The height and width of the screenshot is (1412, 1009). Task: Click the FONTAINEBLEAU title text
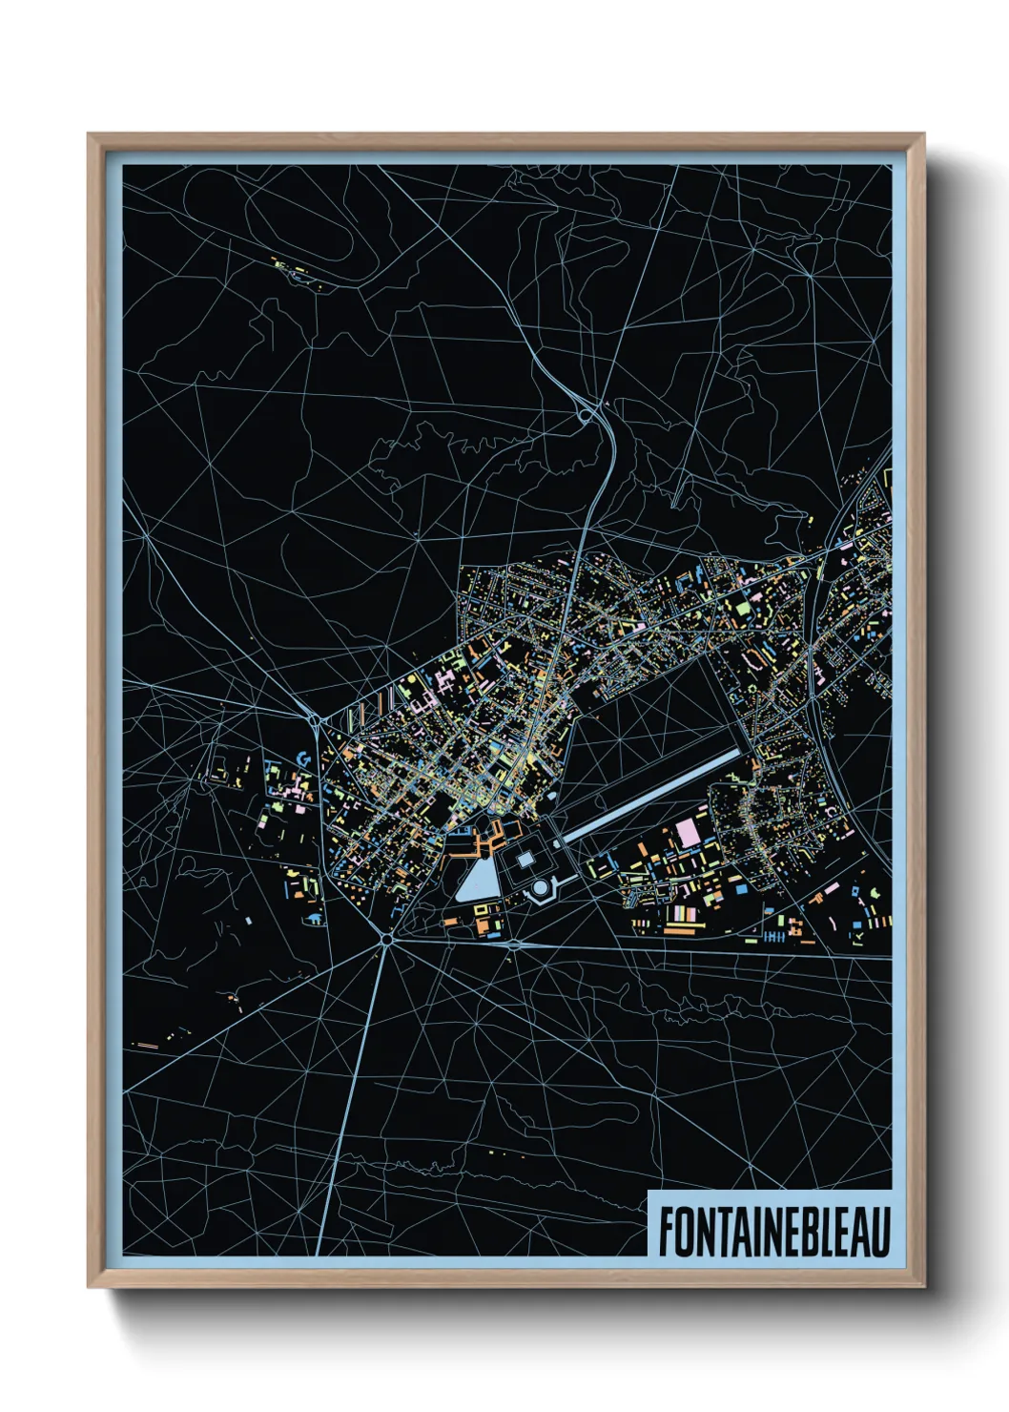coord(772,1231)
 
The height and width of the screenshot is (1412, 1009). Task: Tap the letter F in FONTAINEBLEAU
coord(666,1231)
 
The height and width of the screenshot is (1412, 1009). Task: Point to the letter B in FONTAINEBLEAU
coord(804,1231)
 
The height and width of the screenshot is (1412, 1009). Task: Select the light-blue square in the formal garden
coord(525,859)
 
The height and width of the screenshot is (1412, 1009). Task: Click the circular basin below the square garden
coord(541,889)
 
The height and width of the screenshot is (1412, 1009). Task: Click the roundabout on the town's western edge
coord(316,718)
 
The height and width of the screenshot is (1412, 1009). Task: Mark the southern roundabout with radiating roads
coord(386,940)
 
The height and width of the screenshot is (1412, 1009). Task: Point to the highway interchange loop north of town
coord(585,415)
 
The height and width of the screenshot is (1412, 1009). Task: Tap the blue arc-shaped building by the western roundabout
coord(304,758)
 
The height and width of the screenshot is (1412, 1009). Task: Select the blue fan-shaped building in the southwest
coord(313,919)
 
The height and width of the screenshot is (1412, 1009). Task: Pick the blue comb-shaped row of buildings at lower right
coord(774,937)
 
